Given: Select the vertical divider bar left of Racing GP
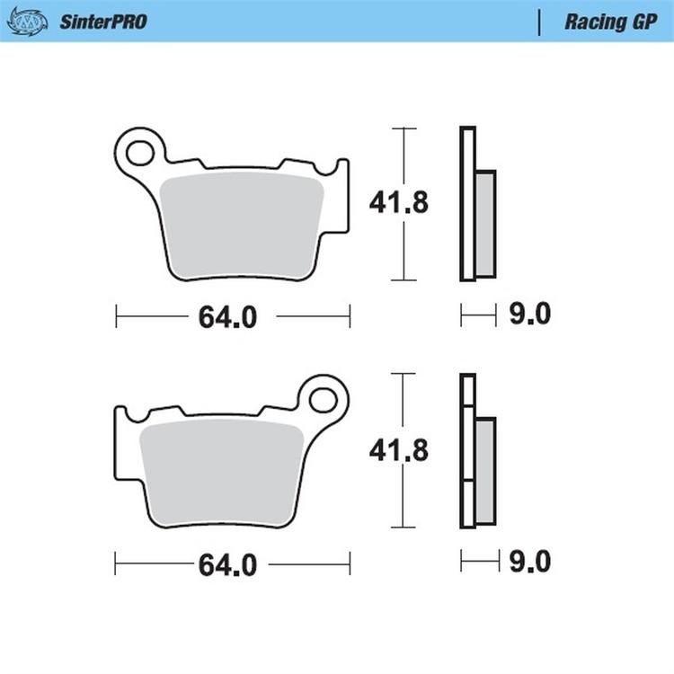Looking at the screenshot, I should pos(538,22).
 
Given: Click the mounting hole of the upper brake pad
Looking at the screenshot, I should pos(141,151).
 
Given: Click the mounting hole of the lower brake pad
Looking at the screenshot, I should pos(324,396).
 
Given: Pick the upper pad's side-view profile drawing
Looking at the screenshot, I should pos(476,204).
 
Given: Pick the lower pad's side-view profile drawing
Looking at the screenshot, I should pos(476,449).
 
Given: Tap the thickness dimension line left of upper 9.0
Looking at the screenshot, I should pos(478,315).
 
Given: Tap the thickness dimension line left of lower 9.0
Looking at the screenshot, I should pos(478,562).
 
